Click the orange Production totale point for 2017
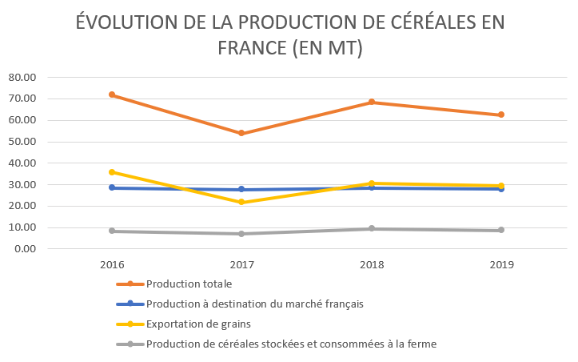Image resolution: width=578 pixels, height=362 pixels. click(x=241, y=133)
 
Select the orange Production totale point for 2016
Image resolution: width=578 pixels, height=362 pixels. click(x=112, y=95)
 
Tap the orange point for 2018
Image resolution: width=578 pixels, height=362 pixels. click(x=372, y=103)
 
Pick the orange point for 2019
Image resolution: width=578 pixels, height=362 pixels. click(x=501, y=115)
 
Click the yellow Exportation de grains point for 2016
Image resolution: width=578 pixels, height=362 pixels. click(x=112, y=172)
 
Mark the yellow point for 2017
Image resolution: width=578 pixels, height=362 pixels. click(x=241, y=202)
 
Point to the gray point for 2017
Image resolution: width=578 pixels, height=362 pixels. click(x=241, y=234)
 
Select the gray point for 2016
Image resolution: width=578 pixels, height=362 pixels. click(x=112, y=231)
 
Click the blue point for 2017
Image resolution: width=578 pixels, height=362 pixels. click(x=241, y=190)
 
